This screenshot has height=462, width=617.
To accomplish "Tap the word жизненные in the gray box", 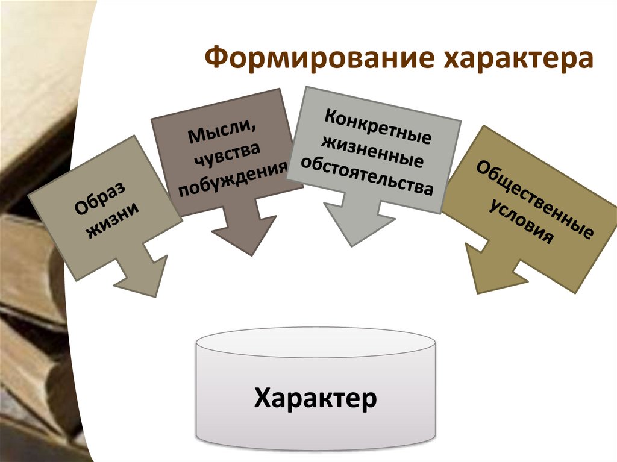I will (372, 150).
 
